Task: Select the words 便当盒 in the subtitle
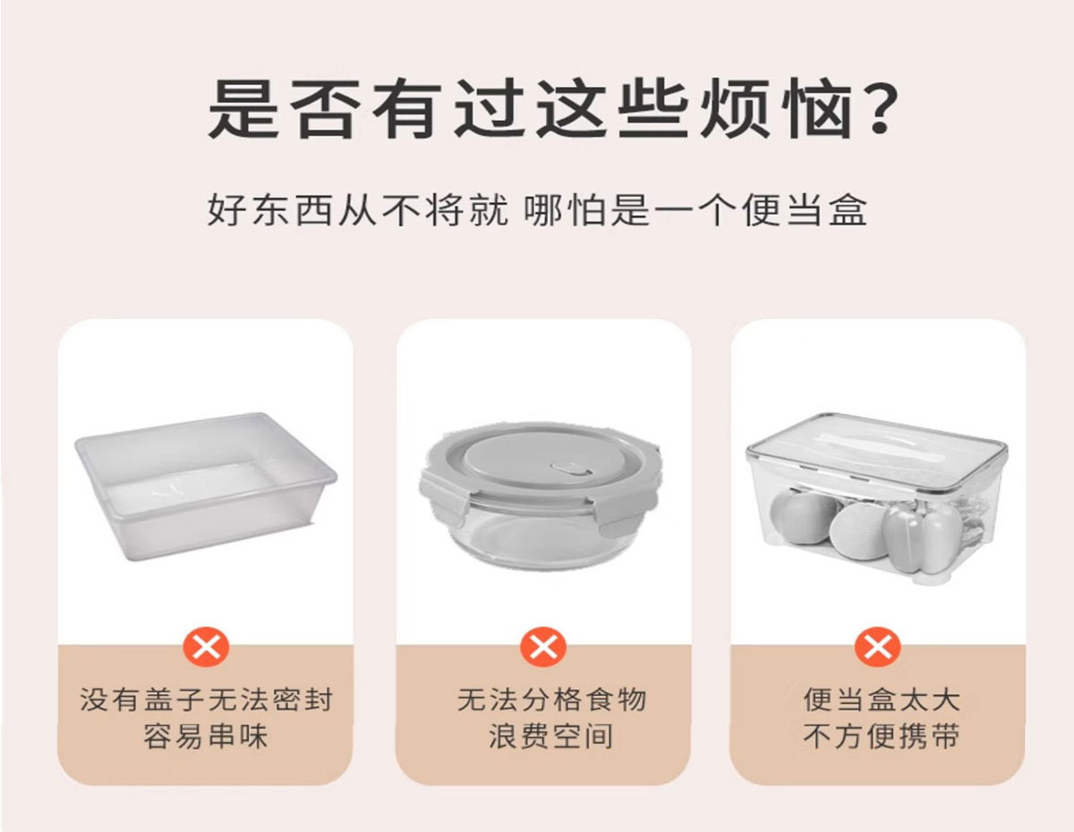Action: pyautogui.click(x=804, y=210)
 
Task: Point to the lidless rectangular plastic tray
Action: pyautogui.click(x=206, y=486)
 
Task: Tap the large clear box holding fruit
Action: pyautogui.click(x=876, y=498)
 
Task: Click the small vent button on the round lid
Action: pyautogui.click(x=571, y=470)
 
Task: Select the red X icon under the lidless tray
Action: pyautogui.click(x=206, y=647)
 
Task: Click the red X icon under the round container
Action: pyautogui.click(x=543, y=647)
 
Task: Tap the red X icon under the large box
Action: pyautogui.click(x=878, y=647)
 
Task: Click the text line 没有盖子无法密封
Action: pyautogui.click(x=206, y=700)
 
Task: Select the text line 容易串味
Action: pyautogui.click(x=206, y=736)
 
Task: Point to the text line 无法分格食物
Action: pyautogui.click(x=552, y=700)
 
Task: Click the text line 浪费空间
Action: pyautogui.click(x=551, y=736)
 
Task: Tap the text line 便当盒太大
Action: pyautogui.click(x=882, y=700)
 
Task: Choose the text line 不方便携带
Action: pyautogui.click(x=882, y=736)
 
